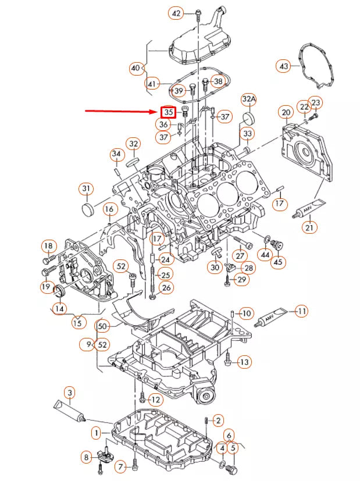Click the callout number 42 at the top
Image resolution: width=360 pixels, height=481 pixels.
click(x=176, y=13)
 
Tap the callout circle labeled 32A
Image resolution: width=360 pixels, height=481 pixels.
click(x=249, y=100)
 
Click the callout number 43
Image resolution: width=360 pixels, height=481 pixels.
click(x=284, y=67)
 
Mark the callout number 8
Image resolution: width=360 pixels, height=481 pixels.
click(x=87, y=458)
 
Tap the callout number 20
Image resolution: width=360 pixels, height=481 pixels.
click(x=286, y=112)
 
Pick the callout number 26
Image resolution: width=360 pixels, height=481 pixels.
click(x=166, y=288)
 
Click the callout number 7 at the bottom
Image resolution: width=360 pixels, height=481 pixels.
click(x=121, y=466)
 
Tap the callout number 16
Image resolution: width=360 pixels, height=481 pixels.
click(x=109, y=209)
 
